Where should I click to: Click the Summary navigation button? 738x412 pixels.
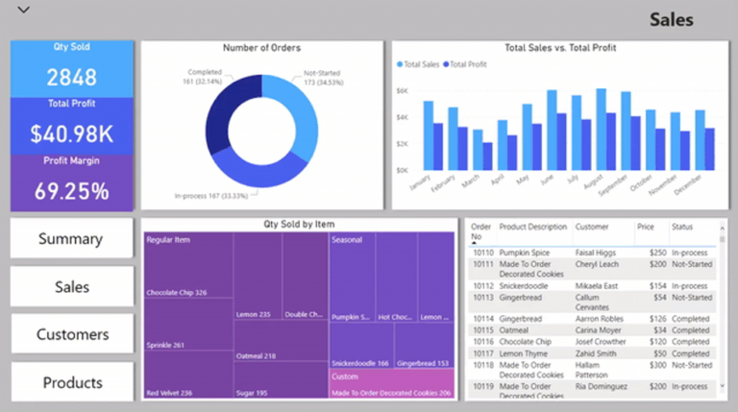click(x=70, y=238)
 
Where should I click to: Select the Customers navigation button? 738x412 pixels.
click(x=72, y=334)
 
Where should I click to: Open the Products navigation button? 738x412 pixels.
click(x=72, y=382)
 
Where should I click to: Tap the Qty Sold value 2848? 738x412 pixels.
click(x=72, y=78)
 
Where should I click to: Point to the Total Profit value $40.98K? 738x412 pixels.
click(x=72, y=133)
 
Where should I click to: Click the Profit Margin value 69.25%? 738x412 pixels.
click(x=72, y=190)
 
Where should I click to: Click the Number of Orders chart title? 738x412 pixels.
click(x=261, y=48)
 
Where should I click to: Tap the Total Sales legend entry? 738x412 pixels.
click(x=421, y=64)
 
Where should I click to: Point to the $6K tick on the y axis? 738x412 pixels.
click(x=403, y=90)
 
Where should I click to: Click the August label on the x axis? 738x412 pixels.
click(x=594, y=183)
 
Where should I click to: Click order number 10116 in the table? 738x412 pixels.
click(x=482, y=340)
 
